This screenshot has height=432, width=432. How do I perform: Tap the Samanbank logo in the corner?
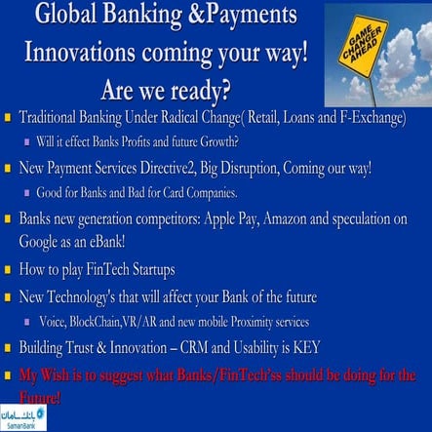pyautogui.click(x=22, y=417)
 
